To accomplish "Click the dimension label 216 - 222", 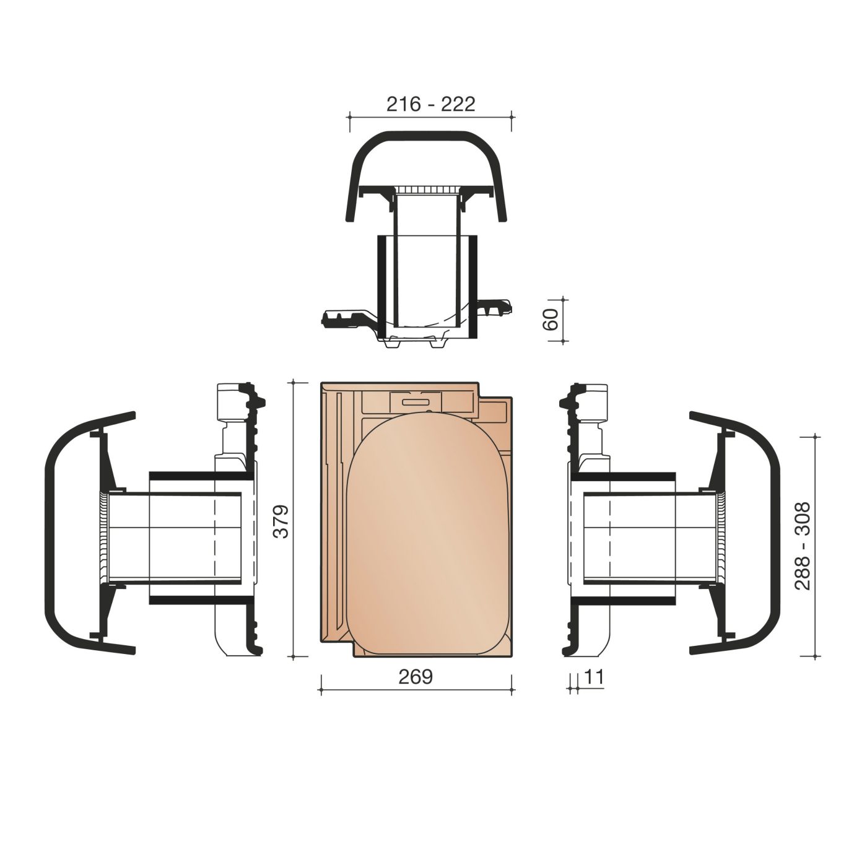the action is click(x=430, y=105).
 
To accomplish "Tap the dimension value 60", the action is click(x=551, y=319).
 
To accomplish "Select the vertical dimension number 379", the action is click(x=282, y=521).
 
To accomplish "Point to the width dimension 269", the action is click(x=416, y=677).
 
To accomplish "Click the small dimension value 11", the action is click(x=593, y=677).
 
